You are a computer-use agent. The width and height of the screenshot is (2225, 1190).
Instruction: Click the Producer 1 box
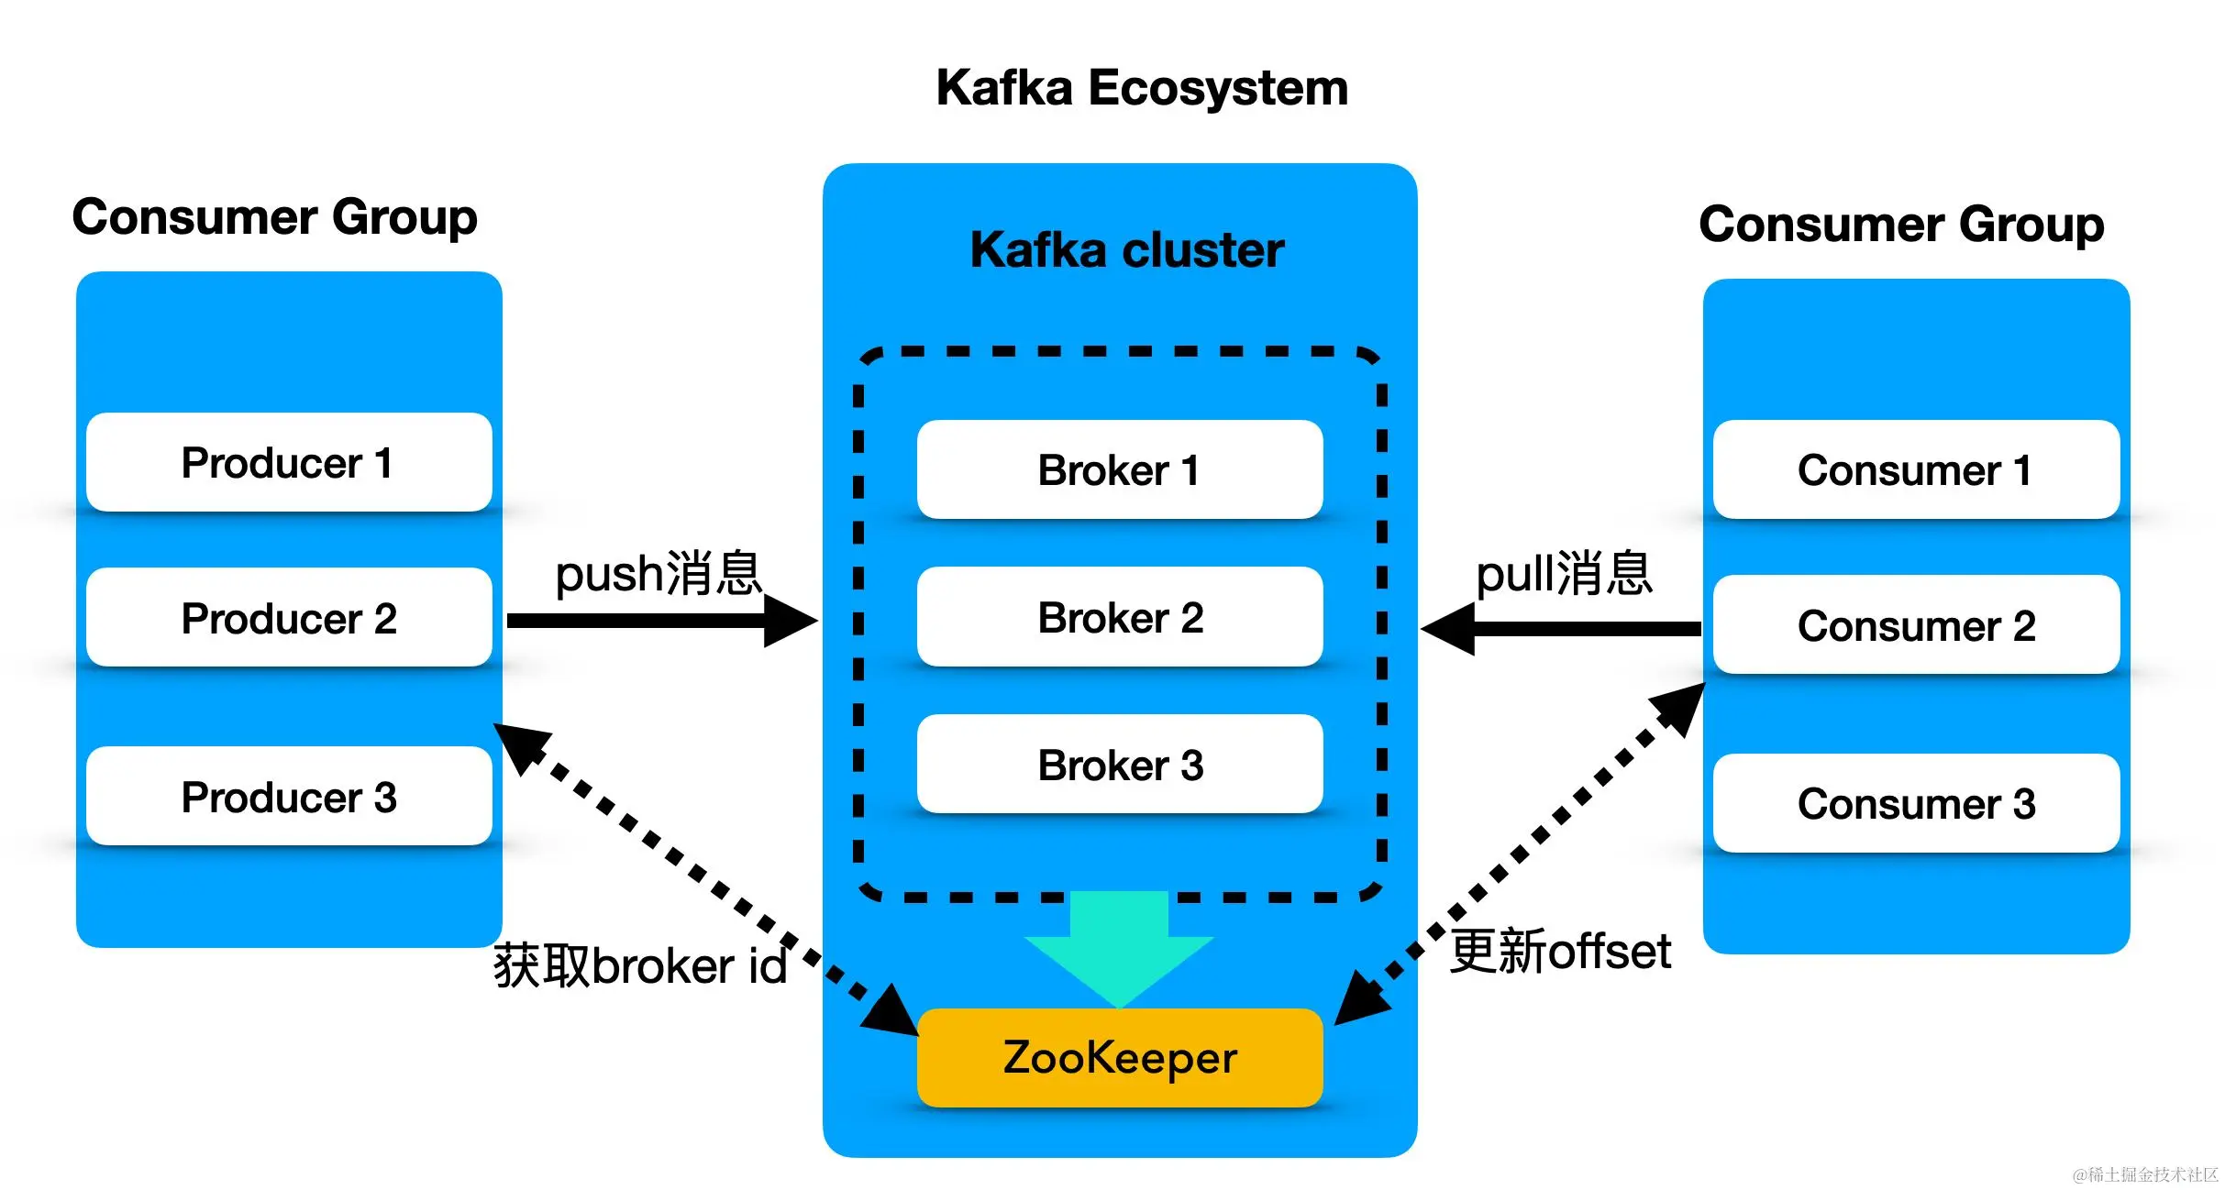click(289, 462)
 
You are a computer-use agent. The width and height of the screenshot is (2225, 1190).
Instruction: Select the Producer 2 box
click(289, 617)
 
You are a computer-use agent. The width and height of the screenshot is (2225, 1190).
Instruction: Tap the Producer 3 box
click(289, 796)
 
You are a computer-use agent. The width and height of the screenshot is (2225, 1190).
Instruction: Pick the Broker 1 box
click(1120, 469)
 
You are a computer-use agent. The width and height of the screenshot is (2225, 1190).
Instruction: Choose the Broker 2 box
click(1120, 617)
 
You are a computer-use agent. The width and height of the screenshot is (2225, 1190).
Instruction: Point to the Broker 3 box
click(1120, 764)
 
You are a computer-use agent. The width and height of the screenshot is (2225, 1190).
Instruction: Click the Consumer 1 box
click(1916, 469)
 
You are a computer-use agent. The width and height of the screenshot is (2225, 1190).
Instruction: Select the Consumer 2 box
click(1916, 625)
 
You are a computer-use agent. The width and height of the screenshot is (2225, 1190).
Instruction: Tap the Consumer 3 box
click(1916, 803)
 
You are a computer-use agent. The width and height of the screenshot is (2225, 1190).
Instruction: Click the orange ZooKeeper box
click(1120, 1057)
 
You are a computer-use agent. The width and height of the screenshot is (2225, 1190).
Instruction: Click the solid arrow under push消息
click(660, 621)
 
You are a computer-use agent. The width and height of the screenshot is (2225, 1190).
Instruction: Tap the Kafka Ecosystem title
click(1142, 88)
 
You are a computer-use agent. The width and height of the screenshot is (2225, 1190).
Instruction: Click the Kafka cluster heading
click(1127, 249)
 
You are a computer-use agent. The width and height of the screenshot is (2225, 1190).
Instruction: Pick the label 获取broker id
click(640, 965)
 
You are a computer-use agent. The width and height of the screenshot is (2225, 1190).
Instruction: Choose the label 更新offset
click(1560, 951)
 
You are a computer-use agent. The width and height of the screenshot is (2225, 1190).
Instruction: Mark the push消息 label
click(659, 573)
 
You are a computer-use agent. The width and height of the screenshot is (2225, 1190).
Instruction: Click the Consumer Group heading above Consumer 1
click(1901, 224)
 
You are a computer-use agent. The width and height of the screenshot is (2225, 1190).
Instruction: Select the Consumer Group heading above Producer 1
click(274, 217)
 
